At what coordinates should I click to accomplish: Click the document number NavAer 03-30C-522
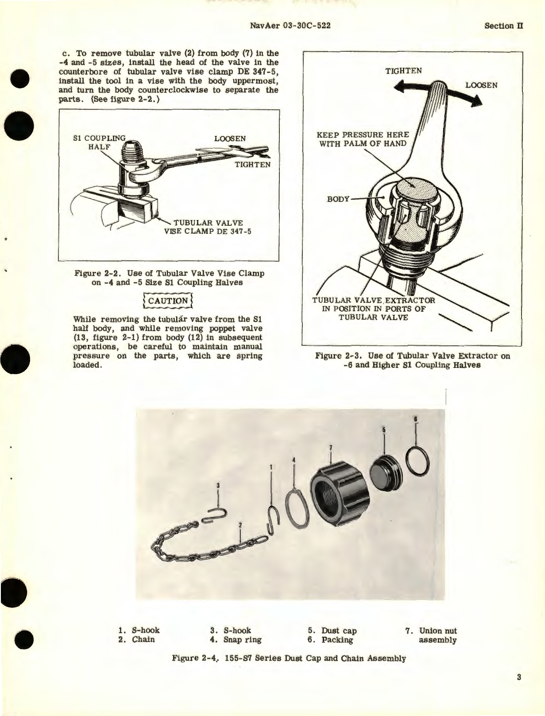point(290,26)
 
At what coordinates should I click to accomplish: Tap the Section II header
point(503,26)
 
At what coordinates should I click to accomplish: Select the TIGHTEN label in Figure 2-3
point(403,71)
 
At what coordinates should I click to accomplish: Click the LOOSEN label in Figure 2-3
point(481,85)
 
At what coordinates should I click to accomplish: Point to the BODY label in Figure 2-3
point(338,199)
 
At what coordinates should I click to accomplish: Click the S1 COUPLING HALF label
point(99,143)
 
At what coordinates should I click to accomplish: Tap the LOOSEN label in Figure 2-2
point(230,139)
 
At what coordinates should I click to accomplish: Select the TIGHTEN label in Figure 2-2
point(252,164)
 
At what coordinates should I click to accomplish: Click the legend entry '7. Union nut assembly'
point(432,635)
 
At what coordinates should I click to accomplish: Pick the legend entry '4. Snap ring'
point(236,640)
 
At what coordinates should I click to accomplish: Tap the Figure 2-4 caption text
point(289,658)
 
